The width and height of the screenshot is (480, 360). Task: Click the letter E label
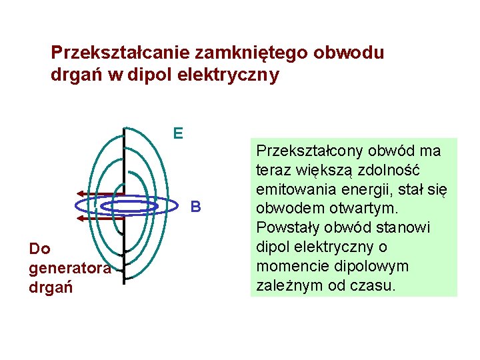click(178, 134)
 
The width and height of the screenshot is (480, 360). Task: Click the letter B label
click(195, 207)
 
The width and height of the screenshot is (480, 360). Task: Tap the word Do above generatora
click(40, 249)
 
